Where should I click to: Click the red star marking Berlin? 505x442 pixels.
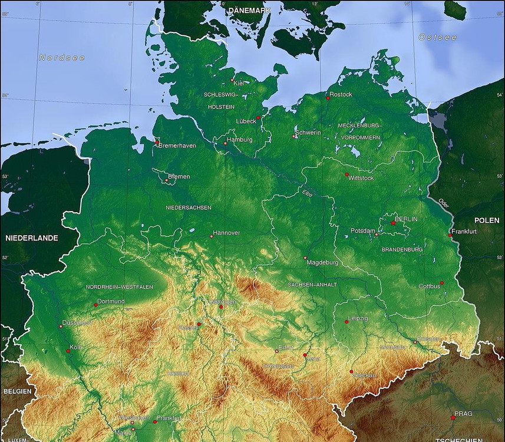[393, 223]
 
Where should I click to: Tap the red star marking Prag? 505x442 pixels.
[453, 417]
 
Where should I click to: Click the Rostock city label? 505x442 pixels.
[341, 94]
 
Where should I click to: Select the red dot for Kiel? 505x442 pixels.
[232, 80]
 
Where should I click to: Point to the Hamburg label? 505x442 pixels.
[239, 140]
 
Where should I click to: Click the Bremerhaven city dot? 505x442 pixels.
[157, 143]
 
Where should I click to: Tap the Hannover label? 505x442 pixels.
[226, 233]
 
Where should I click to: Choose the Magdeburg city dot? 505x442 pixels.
[305, 258]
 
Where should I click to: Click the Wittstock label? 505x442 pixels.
[361, 177]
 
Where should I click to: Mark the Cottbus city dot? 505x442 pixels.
[441, 283]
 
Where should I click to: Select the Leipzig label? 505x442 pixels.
[358, 318]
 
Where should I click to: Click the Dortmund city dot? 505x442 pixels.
[95, 305]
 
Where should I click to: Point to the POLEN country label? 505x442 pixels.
[487, 220]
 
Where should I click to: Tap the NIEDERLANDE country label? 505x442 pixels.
[32, 238]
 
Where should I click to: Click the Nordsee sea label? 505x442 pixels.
[62, 58]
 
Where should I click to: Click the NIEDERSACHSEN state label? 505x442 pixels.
[189, 207]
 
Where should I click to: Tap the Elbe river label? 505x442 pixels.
[307, 193]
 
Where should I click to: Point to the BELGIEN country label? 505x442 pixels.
[17, 391]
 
